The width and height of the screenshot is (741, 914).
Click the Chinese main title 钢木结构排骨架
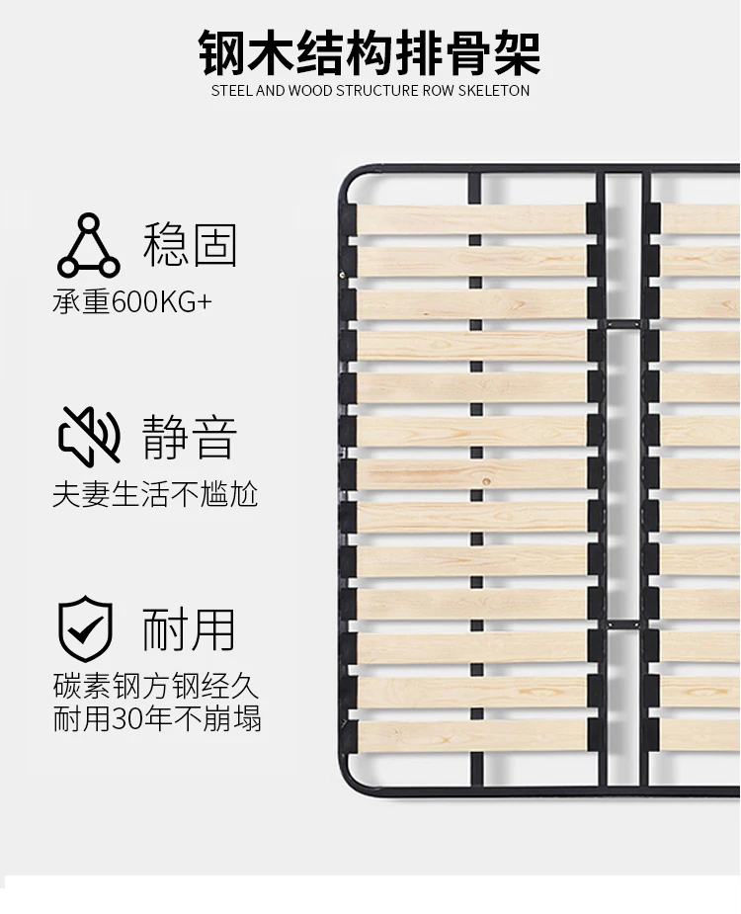click(370, 51)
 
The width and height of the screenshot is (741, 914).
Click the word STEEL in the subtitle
click(232, 91)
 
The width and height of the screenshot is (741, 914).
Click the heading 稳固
click(190, 245)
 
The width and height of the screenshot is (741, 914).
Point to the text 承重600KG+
click(132, 300)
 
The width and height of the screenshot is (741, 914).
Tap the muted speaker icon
click(89, 435)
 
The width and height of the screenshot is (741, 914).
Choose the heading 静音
click(190, 437)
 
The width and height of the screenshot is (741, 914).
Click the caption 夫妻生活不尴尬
click(155, 493)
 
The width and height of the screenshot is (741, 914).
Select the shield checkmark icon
click(86, 628)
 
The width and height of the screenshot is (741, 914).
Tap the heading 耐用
click(190, 629)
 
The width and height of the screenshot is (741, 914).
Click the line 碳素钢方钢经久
click(156, 687)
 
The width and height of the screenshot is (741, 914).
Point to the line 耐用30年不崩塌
click(157, 718)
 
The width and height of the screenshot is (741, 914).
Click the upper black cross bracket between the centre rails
click(623, 324)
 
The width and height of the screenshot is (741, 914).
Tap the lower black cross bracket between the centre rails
click(623, 624)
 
